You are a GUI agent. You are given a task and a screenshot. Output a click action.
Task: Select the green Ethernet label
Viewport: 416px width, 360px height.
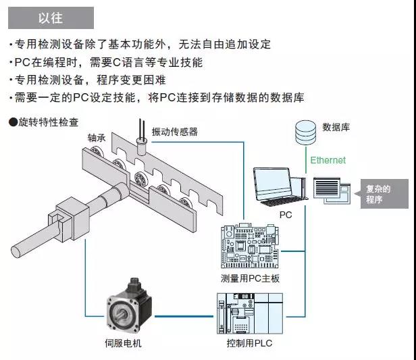[x=328, y=160]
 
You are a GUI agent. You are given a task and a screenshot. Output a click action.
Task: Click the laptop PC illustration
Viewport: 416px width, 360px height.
[x=278, y=186]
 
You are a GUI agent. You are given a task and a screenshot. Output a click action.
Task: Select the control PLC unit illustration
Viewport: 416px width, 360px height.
[x=248, y=313]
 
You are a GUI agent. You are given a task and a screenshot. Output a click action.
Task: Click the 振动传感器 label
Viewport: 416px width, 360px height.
[x=174, y=132]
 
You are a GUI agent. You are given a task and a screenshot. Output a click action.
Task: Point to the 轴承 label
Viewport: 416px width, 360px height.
[x=97, y=137]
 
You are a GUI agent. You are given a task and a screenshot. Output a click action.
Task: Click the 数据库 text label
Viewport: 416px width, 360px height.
[x=336, y=127]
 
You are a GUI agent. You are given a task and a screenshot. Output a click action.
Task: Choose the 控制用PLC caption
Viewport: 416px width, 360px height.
[x=249, y=343]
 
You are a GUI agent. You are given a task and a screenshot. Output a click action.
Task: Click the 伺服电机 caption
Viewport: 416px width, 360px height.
[x=124, y=343]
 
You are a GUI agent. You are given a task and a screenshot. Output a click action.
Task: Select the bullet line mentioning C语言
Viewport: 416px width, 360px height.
[x=106, y=62]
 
